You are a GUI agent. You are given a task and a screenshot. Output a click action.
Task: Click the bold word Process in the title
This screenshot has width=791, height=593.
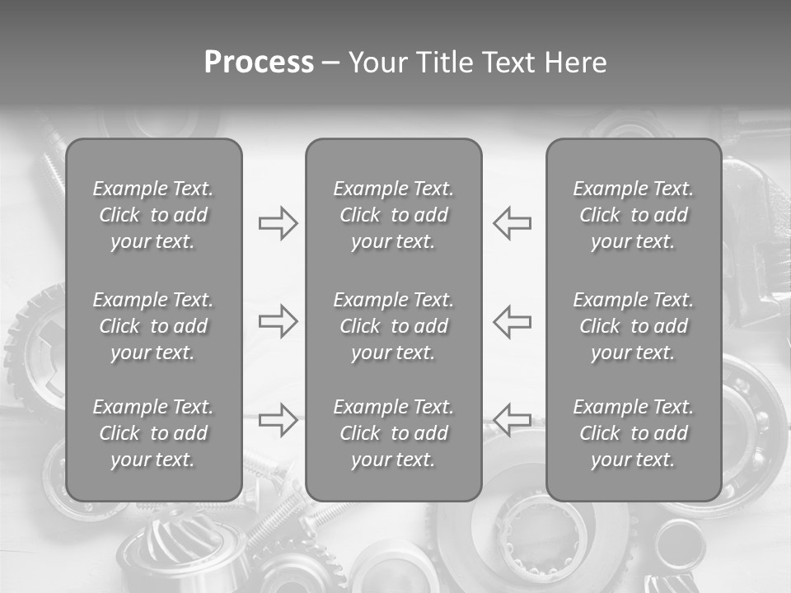pyautogui.click(x=259, y=63)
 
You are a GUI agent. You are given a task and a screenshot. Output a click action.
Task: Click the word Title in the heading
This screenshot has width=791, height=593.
pyautogui.click(x=446, y=63)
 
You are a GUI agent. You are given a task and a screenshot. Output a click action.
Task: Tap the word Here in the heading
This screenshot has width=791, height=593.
pyautogui.click(x=575, y=63)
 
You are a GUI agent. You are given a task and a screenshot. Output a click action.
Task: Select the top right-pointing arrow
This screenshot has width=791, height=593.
pyautogui.click(x=278, y=223)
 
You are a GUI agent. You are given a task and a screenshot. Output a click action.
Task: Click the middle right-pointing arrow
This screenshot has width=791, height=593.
pyautogui.click(x=278, y=320)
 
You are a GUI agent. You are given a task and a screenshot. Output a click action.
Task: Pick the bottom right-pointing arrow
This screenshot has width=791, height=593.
pyautogui.click(x=278, y=419)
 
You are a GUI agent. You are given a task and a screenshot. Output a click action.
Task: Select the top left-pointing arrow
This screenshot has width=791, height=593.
pyautogui.click(x=512, y=223)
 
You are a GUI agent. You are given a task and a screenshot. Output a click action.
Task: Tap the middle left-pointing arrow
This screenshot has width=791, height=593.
pyautogui.click(x=512, y=320)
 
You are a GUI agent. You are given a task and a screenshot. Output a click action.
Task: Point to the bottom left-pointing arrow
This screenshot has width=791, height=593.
pyautogui.click(x=512, y=419)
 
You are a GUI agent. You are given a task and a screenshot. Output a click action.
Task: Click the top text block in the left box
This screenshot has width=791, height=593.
pyautogui.click(x=153, y=215)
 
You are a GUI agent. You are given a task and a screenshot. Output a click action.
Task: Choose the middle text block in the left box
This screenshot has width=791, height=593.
pyautogui.click(x=153, y=326)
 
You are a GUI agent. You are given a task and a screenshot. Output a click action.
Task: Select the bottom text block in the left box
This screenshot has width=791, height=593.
pyautogui.click(x=153, y=433)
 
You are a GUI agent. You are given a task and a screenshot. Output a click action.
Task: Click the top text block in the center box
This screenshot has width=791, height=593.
pyautogui.click(x=393, y=215)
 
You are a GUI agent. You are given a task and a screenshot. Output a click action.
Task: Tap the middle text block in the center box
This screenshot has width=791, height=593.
pyautogui.click(x=393, y=326)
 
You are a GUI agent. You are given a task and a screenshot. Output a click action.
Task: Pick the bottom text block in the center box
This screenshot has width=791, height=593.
pyautogui.click(x=393, y=433)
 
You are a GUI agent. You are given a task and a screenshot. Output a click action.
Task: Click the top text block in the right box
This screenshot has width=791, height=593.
pyautogui.click(x=633, y=215)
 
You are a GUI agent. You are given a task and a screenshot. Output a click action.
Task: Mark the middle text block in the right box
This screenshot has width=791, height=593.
pyautogui.click(x=633, y=326)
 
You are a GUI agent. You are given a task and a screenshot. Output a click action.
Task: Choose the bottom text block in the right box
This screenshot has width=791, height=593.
pyautogui.click(x=633, y=433)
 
